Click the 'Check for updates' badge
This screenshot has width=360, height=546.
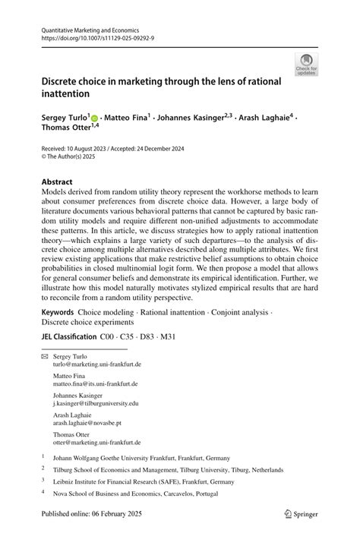307,65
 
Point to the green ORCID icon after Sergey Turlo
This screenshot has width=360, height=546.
94,118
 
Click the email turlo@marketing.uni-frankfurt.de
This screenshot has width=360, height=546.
97,364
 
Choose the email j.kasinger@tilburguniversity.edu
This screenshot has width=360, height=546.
96,403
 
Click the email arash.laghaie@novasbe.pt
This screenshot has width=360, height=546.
87,423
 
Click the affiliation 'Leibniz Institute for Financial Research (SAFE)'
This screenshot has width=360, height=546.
143,481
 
